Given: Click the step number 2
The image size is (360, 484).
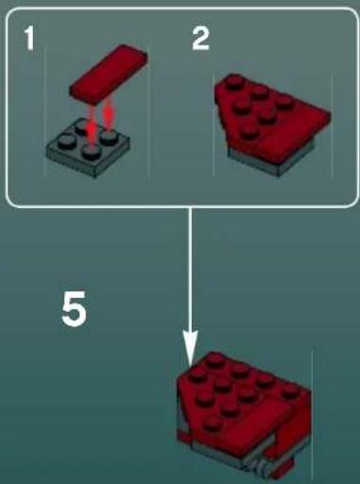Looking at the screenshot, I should [x=198, y=39].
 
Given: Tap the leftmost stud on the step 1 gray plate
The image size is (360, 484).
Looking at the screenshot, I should [x=63, y=142].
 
